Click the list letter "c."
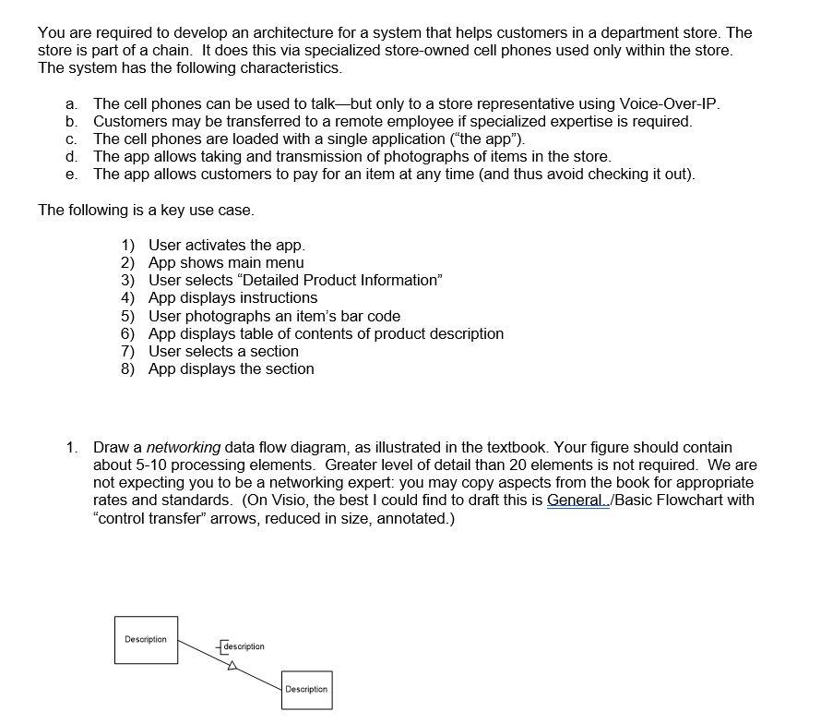(x=71, y=139)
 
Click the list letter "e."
(x=71, y=175)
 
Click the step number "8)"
(x=127, y=369)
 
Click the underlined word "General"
(x=575, y=501)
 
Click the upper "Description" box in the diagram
(x=146, y=640)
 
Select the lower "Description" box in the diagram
(x=306, y=690)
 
